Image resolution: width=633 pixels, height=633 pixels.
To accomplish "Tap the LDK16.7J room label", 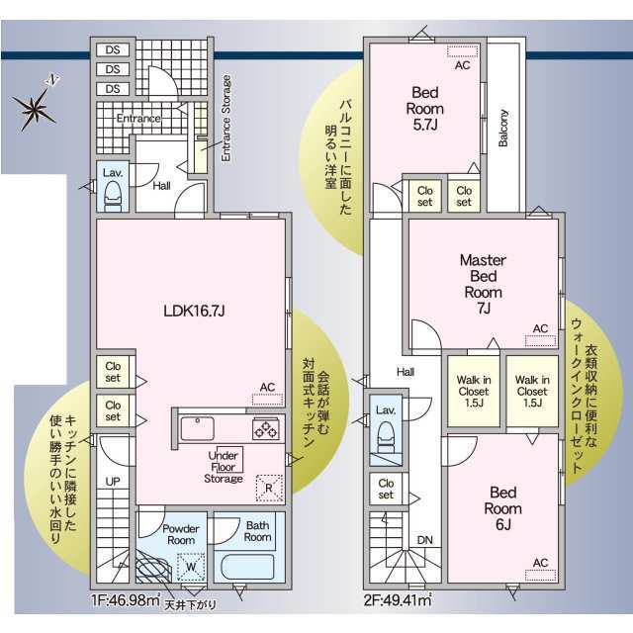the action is tap(194, 311).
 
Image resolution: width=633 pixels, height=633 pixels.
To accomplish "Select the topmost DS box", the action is tap(113, 49).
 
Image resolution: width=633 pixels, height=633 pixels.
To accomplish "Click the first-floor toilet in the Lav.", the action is tap(112, 196).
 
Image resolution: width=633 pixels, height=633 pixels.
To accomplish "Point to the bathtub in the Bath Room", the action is tap(248, 567).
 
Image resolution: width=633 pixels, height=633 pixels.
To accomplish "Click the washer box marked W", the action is tap(191, 567).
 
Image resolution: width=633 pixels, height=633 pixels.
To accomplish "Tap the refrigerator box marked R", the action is tap(269, 488).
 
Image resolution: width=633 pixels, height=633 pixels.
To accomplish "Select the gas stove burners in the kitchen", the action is tap(265, 428).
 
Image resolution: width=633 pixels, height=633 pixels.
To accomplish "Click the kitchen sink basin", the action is tap(198, 428).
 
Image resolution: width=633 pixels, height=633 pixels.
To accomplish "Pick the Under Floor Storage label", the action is tap(224, 467).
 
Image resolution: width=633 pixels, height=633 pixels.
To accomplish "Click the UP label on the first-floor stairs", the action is tap(113, 482).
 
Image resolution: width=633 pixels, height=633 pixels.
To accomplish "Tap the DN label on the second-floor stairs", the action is tap(425, 540).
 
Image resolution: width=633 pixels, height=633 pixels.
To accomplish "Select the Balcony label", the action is tap(503, 128).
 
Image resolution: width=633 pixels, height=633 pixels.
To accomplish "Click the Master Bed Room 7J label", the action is tap(484, 284).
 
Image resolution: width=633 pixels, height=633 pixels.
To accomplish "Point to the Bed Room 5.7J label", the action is tap(425, 109).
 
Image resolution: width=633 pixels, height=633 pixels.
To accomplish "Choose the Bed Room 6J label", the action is tap(503, 508).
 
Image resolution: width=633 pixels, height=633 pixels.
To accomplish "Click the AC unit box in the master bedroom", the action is tap(541, 340).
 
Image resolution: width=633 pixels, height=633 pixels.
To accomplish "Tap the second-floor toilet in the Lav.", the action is tap(387, 438).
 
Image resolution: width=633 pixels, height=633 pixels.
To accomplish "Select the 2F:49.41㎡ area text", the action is tap(398, 600).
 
